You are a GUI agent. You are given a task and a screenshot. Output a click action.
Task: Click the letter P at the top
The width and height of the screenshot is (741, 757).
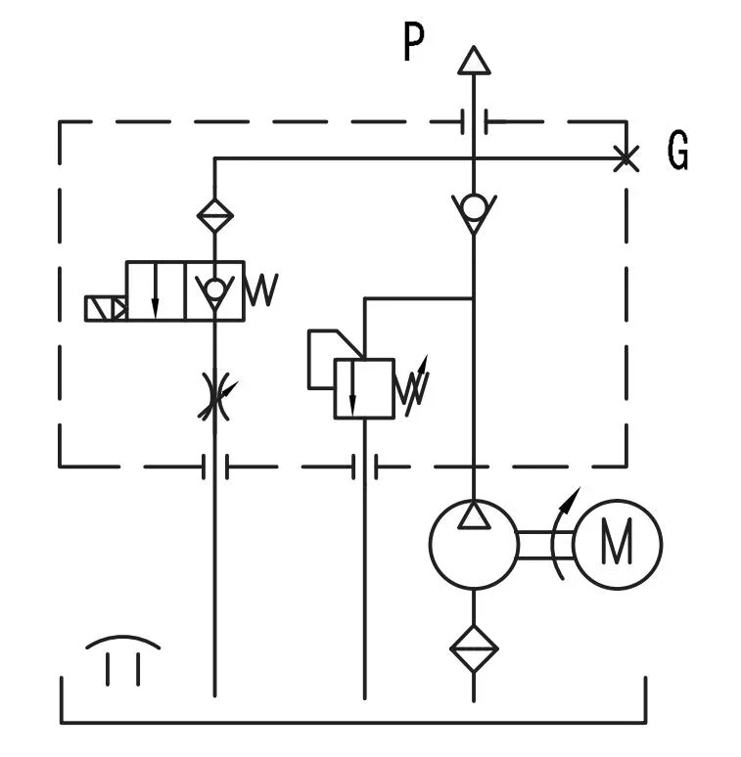[x=415, y=44]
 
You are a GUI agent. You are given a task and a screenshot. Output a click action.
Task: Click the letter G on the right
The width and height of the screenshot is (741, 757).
[x=678, y=152]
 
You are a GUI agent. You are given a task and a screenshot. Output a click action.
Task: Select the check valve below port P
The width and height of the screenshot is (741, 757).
[x=474, y=211]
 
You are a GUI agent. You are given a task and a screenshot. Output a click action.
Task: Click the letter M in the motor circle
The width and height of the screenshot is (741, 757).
[x=617, y=543]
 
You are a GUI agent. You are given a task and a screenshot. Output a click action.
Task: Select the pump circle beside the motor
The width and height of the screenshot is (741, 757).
[x=474, y=544]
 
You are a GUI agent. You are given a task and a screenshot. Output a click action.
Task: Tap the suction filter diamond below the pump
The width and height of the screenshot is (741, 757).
[x=474, y=647]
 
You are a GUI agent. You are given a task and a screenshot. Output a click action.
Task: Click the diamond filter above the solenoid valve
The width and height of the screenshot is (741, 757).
[x=214, y=214]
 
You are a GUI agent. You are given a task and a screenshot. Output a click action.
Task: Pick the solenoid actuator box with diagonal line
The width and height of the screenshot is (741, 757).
[x=105, y=308]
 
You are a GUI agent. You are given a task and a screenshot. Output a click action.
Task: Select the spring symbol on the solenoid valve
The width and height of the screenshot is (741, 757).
[x=260, y=289]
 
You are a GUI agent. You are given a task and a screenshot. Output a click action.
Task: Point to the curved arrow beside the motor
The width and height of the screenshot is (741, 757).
[x=562, y=533]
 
